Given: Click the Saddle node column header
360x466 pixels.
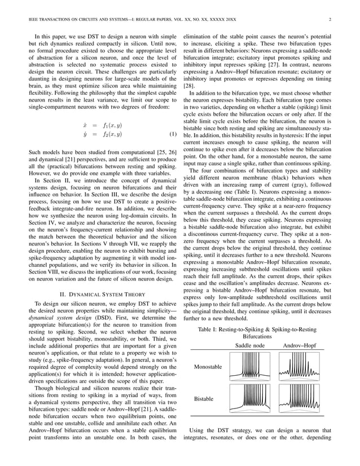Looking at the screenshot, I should tap(250, 345).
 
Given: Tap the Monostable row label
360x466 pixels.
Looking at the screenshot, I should tap(208, 366).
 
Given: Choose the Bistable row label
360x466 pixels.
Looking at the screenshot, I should tap(204, 399).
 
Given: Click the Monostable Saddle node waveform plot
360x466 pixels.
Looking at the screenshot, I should tap(250, 366).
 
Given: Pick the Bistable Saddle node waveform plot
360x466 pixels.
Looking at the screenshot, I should tap(250, 399).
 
